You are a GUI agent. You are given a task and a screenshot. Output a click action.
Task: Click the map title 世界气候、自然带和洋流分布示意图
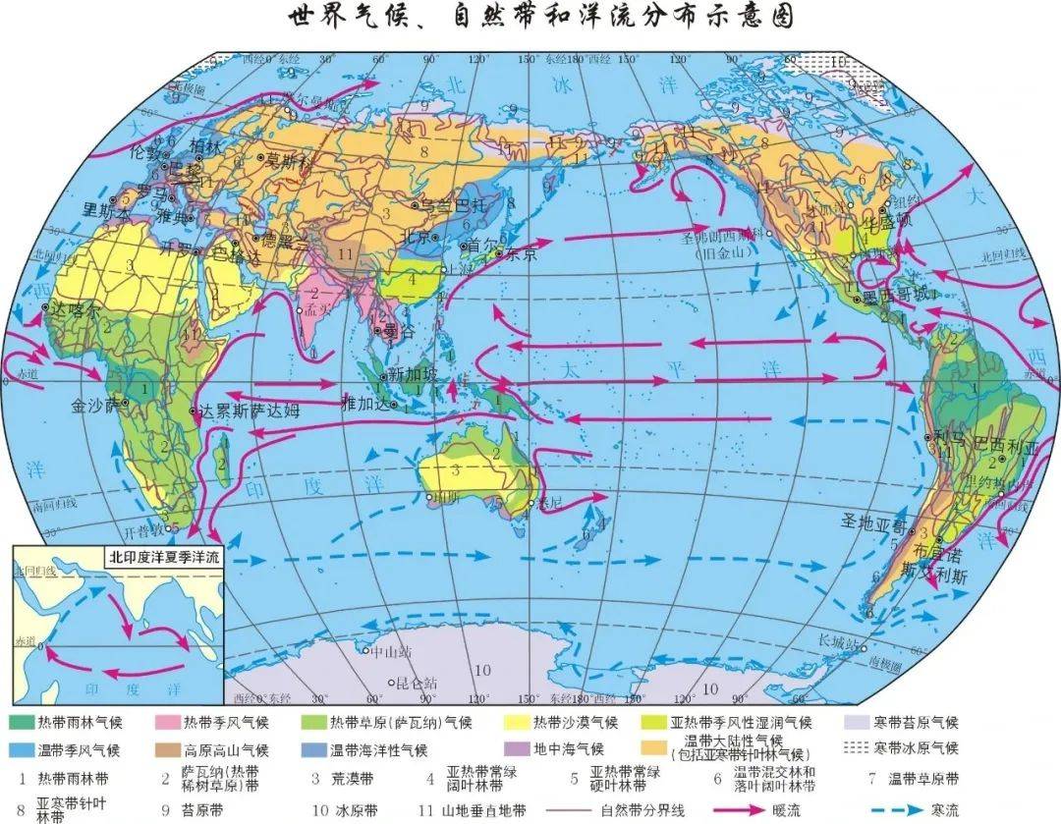[540, 18]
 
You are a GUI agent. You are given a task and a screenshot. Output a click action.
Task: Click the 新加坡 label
[411, 373]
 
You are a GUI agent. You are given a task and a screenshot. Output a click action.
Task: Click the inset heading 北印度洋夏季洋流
[165, 556]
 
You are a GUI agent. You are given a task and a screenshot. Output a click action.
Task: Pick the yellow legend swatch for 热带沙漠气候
[515, 723]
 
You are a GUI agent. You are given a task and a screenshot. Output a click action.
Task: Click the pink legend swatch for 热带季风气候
[169, 723]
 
